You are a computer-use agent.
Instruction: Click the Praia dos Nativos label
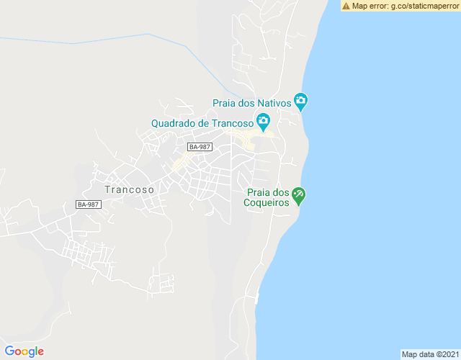[x=251, y=103]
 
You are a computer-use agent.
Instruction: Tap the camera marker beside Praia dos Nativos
[x=301, y=102]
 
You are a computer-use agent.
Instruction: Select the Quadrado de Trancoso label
[x=202, y=122]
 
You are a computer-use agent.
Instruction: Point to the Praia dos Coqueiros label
[x=267, y=197]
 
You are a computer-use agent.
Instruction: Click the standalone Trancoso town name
[x=129, y=189]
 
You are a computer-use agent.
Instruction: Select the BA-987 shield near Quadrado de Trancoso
[x=200, y=147]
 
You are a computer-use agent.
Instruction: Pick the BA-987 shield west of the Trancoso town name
[x=88, y=204]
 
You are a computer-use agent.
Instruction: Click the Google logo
[x=24, y=351]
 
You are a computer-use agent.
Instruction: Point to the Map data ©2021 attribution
[x=429, y=354]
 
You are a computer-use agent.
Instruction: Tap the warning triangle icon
[x=346, y=6]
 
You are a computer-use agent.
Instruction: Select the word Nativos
[x=273, y=103]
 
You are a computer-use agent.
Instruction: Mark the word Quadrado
[x=173, y=122]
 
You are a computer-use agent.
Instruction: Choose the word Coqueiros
[x=268, y=202]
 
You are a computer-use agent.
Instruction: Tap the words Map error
[x=369, y=6]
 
